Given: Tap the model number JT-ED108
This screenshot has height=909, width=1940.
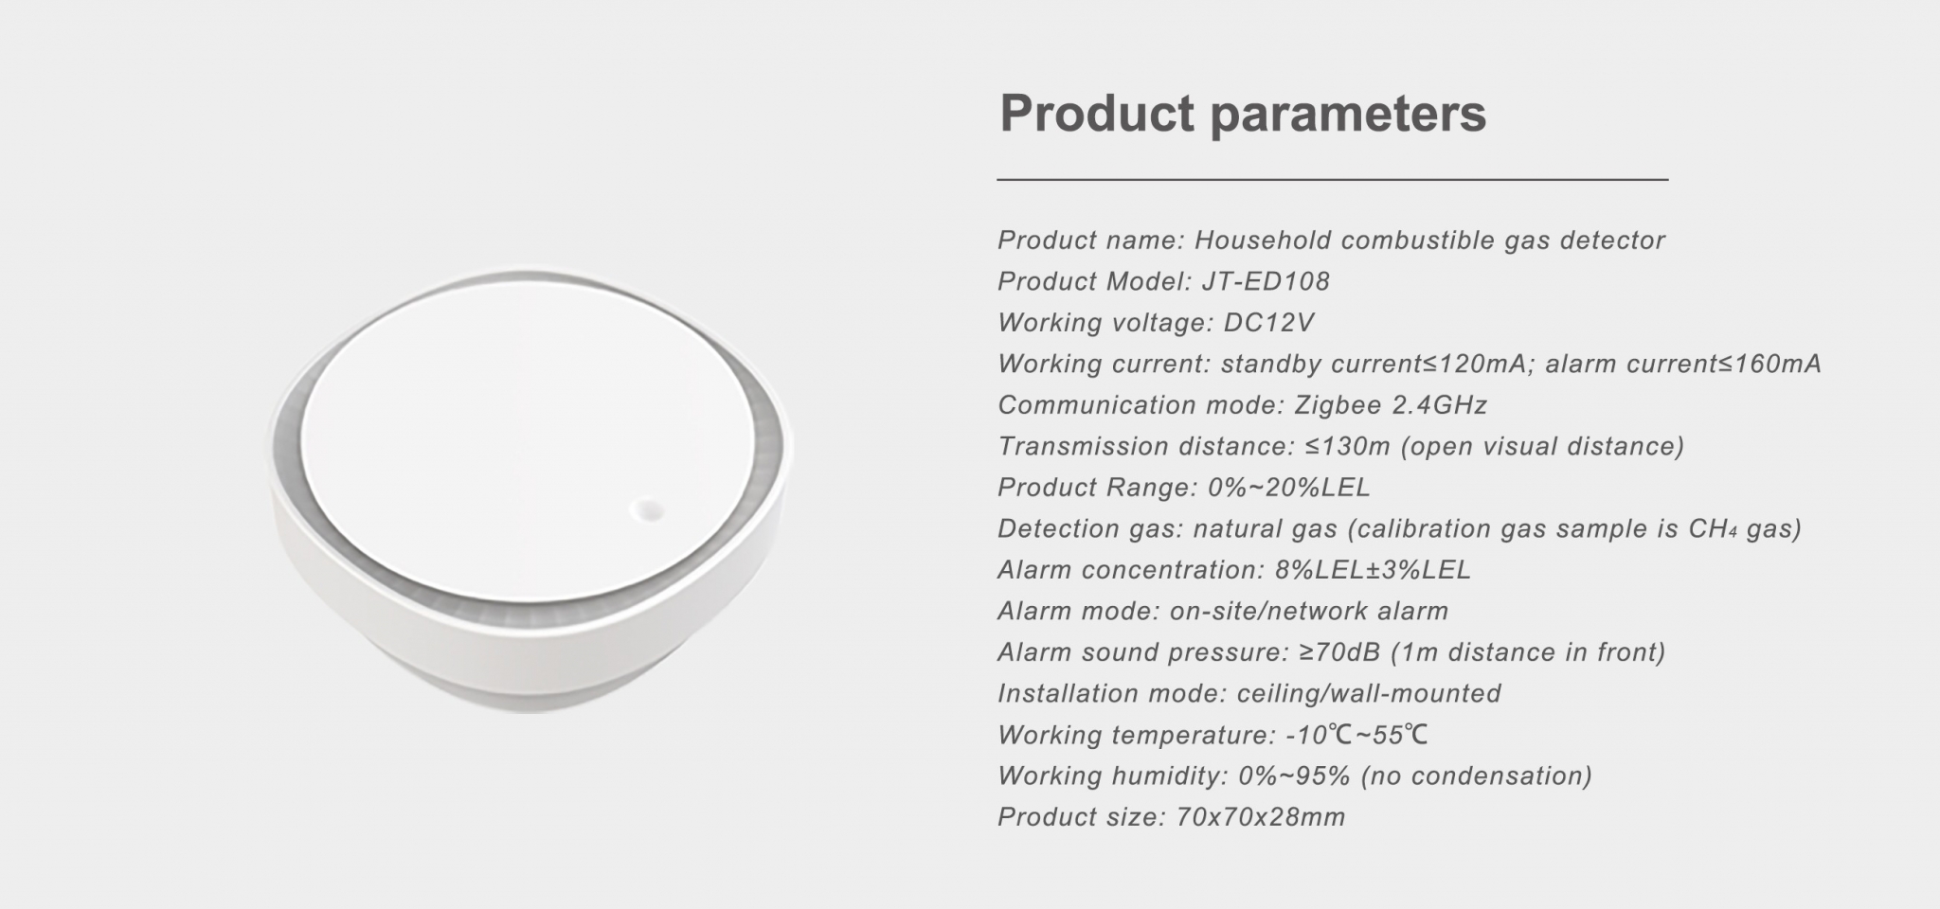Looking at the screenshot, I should point(1266,281).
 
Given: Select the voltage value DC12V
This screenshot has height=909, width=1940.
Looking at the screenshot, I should point(1268,323).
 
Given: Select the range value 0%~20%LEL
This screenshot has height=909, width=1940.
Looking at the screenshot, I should point(1289,488).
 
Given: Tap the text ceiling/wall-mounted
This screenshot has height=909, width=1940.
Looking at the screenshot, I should point(1369,694).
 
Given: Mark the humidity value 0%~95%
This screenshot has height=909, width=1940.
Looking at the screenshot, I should point(1294,776).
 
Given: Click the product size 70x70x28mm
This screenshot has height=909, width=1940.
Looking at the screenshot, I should point(1260,817).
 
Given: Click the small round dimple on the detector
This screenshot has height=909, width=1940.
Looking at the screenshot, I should point(648,510).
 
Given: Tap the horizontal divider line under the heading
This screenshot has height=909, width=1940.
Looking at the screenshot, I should point(1332,179).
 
